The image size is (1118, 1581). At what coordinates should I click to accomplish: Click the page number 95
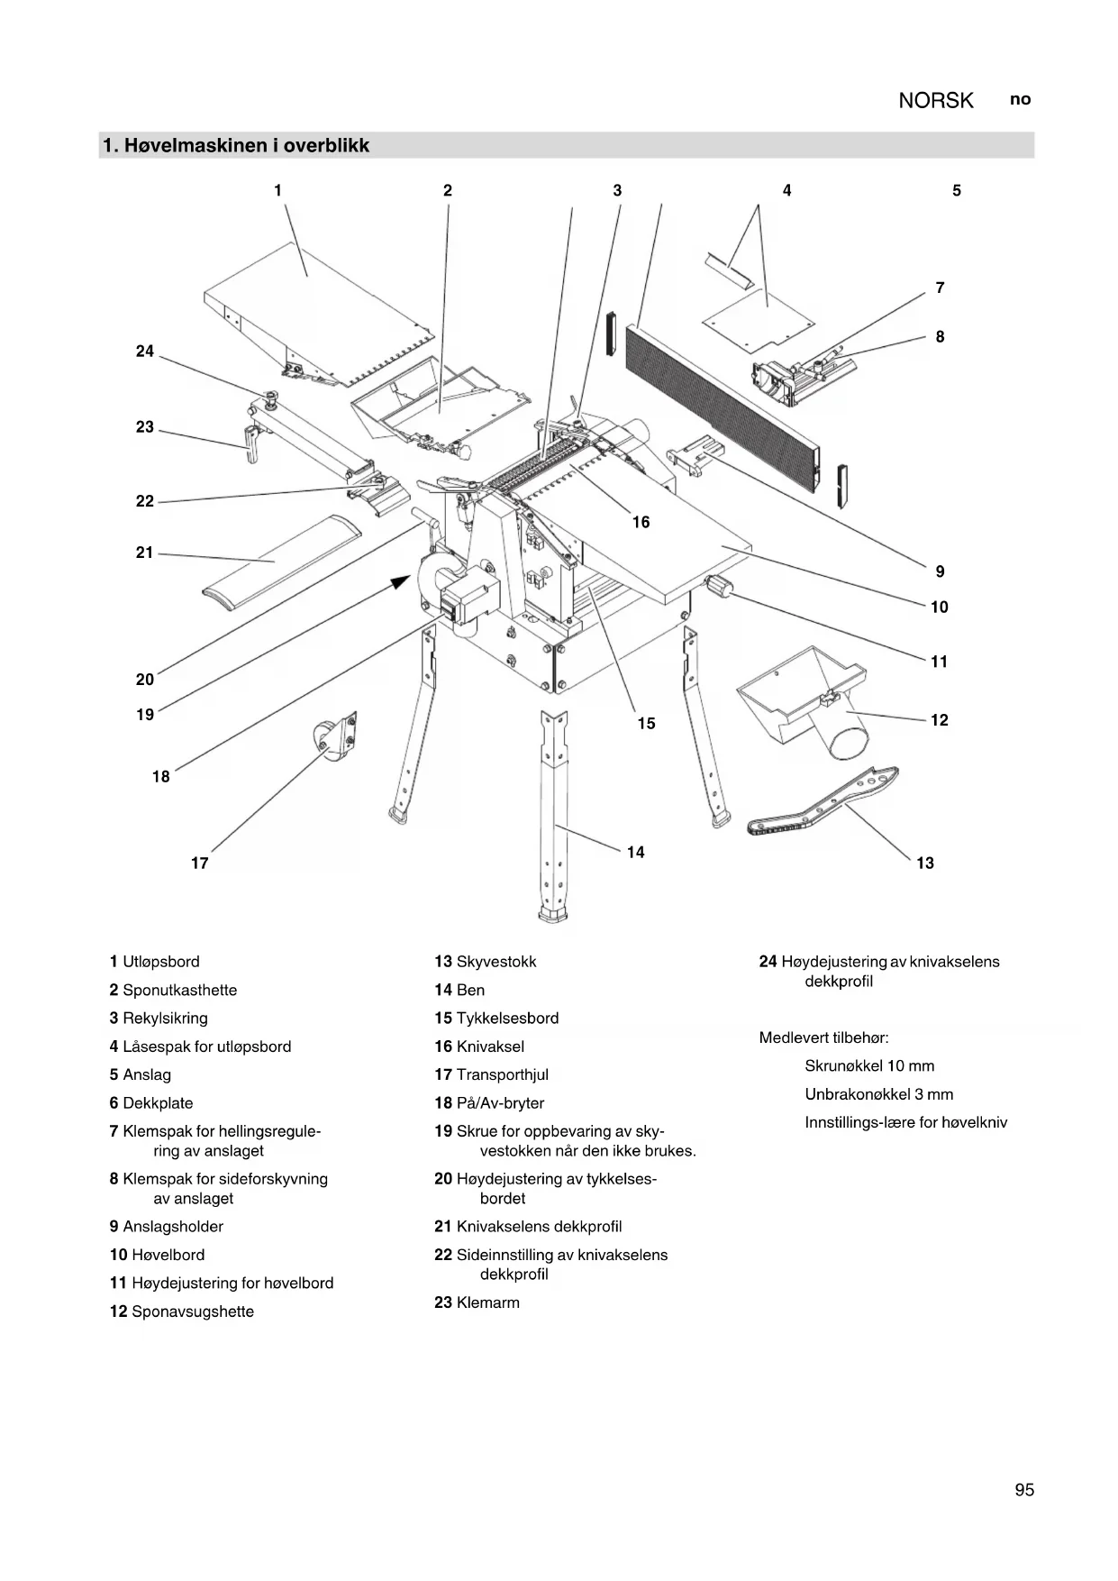point(1024,1490)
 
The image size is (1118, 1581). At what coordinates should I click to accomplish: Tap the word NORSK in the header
point(936,101)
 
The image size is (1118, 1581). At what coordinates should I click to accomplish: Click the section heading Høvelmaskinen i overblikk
point(236,146)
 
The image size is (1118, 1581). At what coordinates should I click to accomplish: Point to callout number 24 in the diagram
point(145,352)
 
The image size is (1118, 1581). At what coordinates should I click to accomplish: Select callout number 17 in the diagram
point(200,864)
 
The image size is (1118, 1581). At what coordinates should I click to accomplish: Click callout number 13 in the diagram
point(925,864)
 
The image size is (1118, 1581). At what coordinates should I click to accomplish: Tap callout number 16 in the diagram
point(641,523)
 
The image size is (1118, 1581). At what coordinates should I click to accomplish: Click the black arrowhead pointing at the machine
point(399,582)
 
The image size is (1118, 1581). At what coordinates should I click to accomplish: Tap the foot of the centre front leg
point(553,916)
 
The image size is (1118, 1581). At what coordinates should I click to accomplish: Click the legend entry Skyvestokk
point(495,962)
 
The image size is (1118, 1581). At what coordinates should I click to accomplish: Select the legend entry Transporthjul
point(502,1074)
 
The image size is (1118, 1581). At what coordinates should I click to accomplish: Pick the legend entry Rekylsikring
point(165,1019)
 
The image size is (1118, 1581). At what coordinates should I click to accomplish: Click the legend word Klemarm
point(487,1302)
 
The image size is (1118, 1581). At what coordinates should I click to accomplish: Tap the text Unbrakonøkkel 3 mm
point(878,1094)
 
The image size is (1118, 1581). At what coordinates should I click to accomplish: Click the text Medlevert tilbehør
point(823,1037)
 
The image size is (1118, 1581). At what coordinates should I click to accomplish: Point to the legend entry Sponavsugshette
point(192,1311)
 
